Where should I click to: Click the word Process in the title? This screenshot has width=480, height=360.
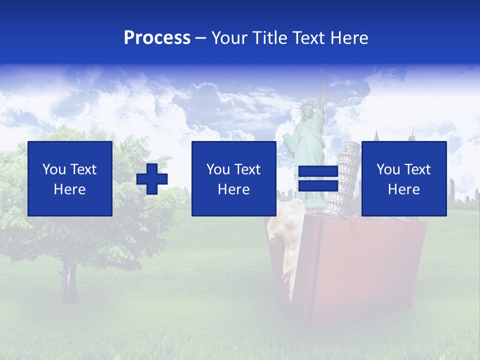pos(157,38)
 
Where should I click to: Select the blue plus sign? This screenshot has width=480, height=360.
pos(152,178)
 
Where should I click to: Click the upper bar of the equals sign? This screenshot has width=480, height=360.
pos(318,171)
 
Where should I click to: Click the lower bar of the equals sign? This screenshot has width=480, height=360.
pos(318,186)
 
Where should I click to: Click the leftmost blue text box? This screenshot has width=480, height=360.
pos(69,178)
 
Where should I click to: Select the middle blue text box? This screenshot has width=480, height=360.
pos(233,178)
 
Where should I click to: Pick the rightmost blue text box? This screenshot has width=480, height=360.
pos(403,178)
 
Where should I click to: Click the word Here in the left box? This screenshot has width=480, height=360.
pos(69,189)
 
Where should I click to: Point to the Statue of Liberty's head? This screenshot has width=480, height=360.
pos(304,111)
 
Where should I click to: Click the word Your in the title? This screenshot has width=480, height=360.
pos(230,38)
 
